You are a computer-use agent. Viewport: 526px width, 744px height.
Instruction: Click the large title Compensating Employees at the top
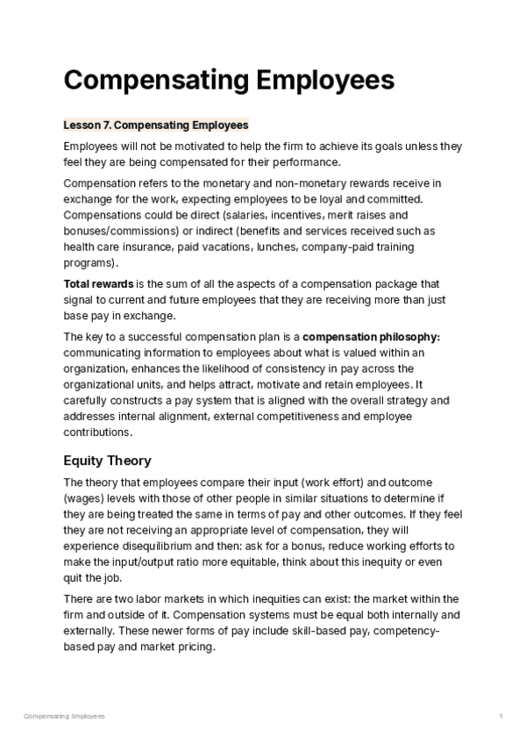coord(229,81)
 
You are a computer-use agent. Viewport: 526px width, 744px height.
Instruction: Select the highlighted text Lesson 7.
coord(88,125)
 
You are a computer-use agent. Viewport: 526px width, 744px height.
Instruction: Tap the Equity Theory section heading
coord(107,460)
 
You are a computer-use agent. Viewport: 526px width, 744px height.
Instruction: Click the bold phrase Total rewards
coord(98,284)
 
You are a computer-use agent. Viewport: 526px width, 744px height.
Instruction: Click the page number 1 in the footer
coord(501,717)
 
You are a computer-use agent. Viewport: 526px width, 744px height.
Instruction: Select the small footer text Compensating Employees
coord(64,717)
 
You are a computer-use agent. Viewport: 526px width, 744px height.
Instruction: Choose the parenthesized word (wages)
coord(85,498)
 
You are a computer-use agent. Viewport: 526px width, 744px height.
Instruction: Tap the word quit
coord(76,577)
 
